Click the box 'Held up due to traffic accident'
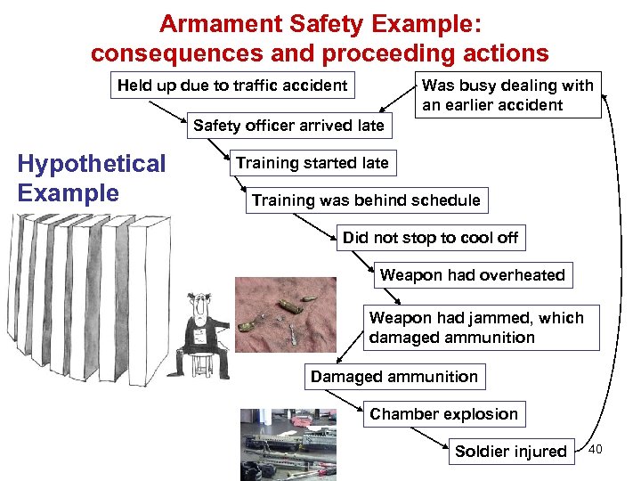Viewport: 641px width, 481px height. coord(231,86)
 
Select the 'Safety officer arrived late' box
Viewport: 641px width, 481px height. coord(288,126)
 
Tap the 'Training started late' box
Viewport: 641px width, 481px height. coord(312,163)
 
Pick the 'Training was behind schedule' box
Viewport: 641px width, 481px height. coord(365,200)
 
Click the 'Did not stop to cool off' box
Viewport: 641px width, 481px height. coord(430,238)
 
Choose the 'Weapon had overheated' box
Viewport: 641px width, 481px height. coord(472,275)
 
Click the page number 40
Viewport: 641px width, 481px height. coord(596,449)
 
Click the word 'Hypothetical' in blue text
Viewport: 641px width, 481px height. coord(92,164)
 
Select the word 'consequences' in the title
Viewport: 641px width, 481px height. coord(168,53)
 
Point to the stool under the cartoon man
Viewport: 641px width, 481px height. coord(200,363)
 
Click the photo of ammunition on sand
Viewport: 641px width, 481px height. coord(298,325)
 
